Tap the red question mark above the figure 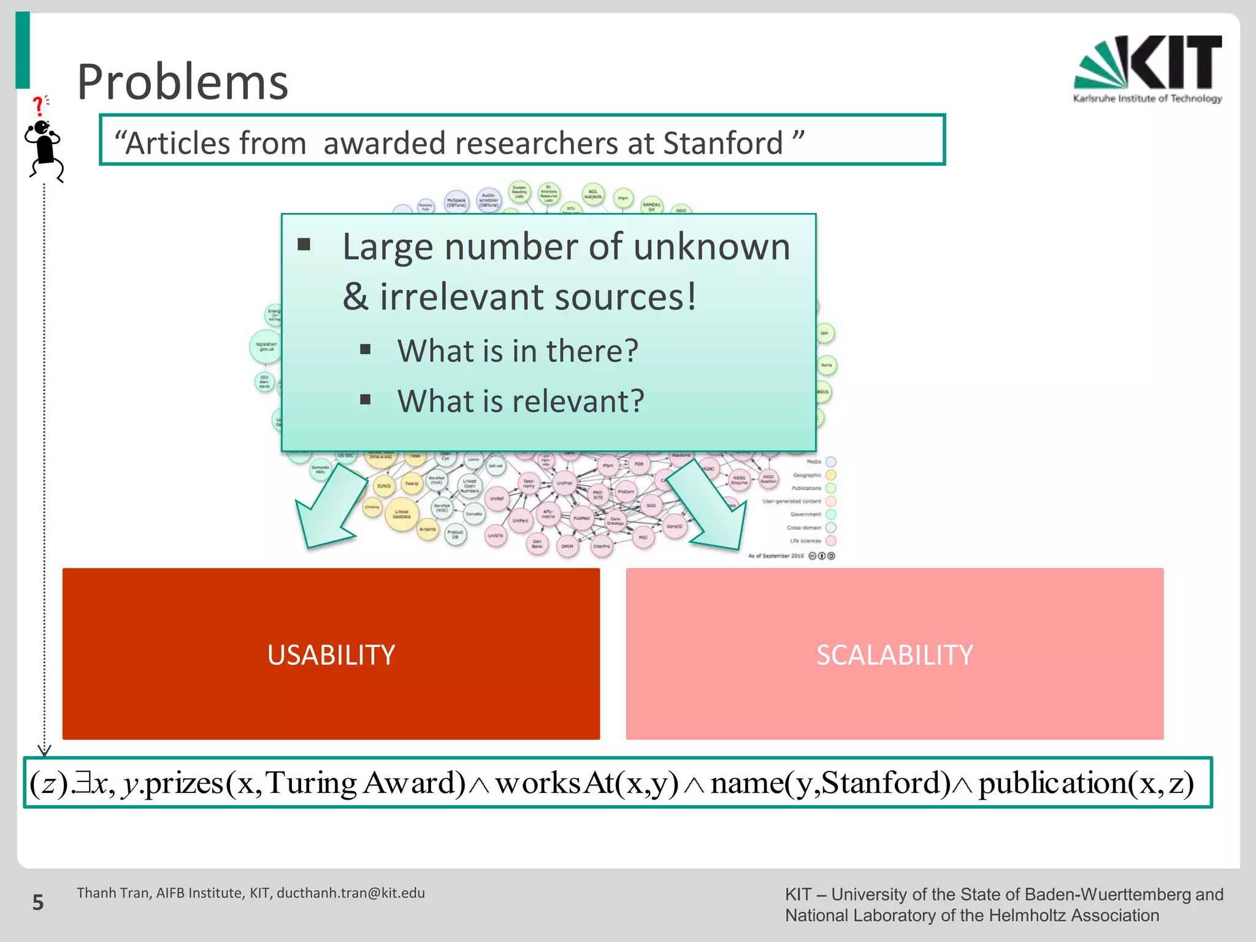pyautogui.click(x=39, y=105)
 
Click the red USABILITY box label pyautogui.click(x=331, y=655)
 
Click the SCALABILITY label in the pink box pyautogui.click(x=894, y=655)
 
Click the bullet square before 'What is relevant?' pyautogui.click(x=366, y=400)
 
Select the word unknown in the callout pyautogui.click(x=711, y=247)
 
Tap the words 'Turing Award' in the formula pyautogui.click(x=365, y=783)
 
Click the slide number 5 pyautogui.click(x=38, y=902)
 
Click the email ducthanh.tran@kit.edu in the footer pyautogui.click(x=351, y=893)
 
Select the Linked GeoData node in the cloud pyautogui.click(x=402, y=514)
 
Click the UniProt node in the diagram pyautogui.click(x=564, y=483)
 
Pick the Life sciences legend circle pyautogui.click(x=831, y=540)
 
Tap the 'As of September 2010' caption pyautogui.click(x=775, y=556)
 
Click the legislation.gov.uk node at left pyautogui.click(x=266, y=347)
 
